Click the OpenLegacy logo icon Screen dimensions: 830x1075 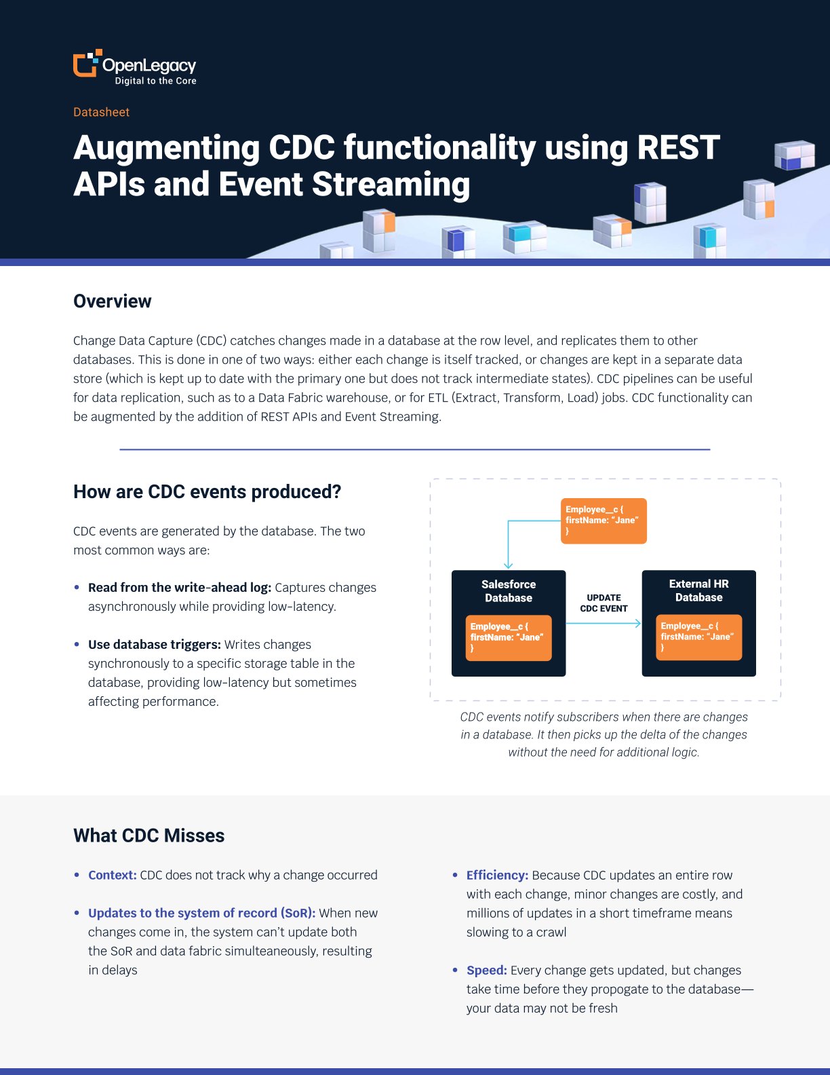click(x=87, y=63)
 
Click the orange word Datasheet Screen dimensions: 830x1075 click(x=101, y=112)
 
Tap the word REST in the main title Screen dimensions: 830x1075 click(x=678, y=147)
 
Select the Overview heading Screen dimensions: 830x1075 click(x=112, y=301)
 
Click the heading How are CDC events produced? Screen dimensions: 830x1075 click(x=207, y=492)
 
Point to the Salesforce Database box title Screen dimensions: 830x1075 click(x=508, y=590)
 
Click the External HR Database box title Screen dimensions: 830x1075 click(x=698, y=590)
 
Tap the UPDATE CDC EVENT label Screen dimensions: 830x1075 click(x=604, y=603)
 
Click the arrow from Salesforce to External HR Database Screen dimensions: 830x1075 click(x=604, y=623)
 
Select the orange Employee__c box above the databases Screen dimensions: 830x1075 click(x=604, y=521)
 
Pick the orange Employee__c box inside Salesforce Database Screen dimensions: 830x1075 click(x=508, y=638)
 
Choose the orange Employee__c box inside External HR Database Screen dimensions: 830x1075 click(x=698, y=637)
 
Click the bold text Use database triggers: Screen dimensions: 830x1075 click(x=154, y=644)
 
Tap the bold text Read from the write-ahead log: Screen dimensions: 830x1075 click(x=180, y=587)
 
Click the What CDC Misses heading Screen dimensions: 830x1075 click(x=149, y=835)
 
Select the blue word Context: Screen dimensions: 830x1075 click(x=112, y=875)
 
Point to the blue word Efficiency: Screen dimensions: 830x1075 click(x=497, y=875)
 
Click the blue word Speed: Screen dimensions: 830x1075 click(x=486, y=970)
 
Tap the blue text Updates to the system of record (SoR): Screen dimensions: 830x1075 click(x=201, y=913)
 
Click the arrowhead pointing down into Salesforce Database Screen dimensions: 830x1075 click(x=508, y=565)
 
